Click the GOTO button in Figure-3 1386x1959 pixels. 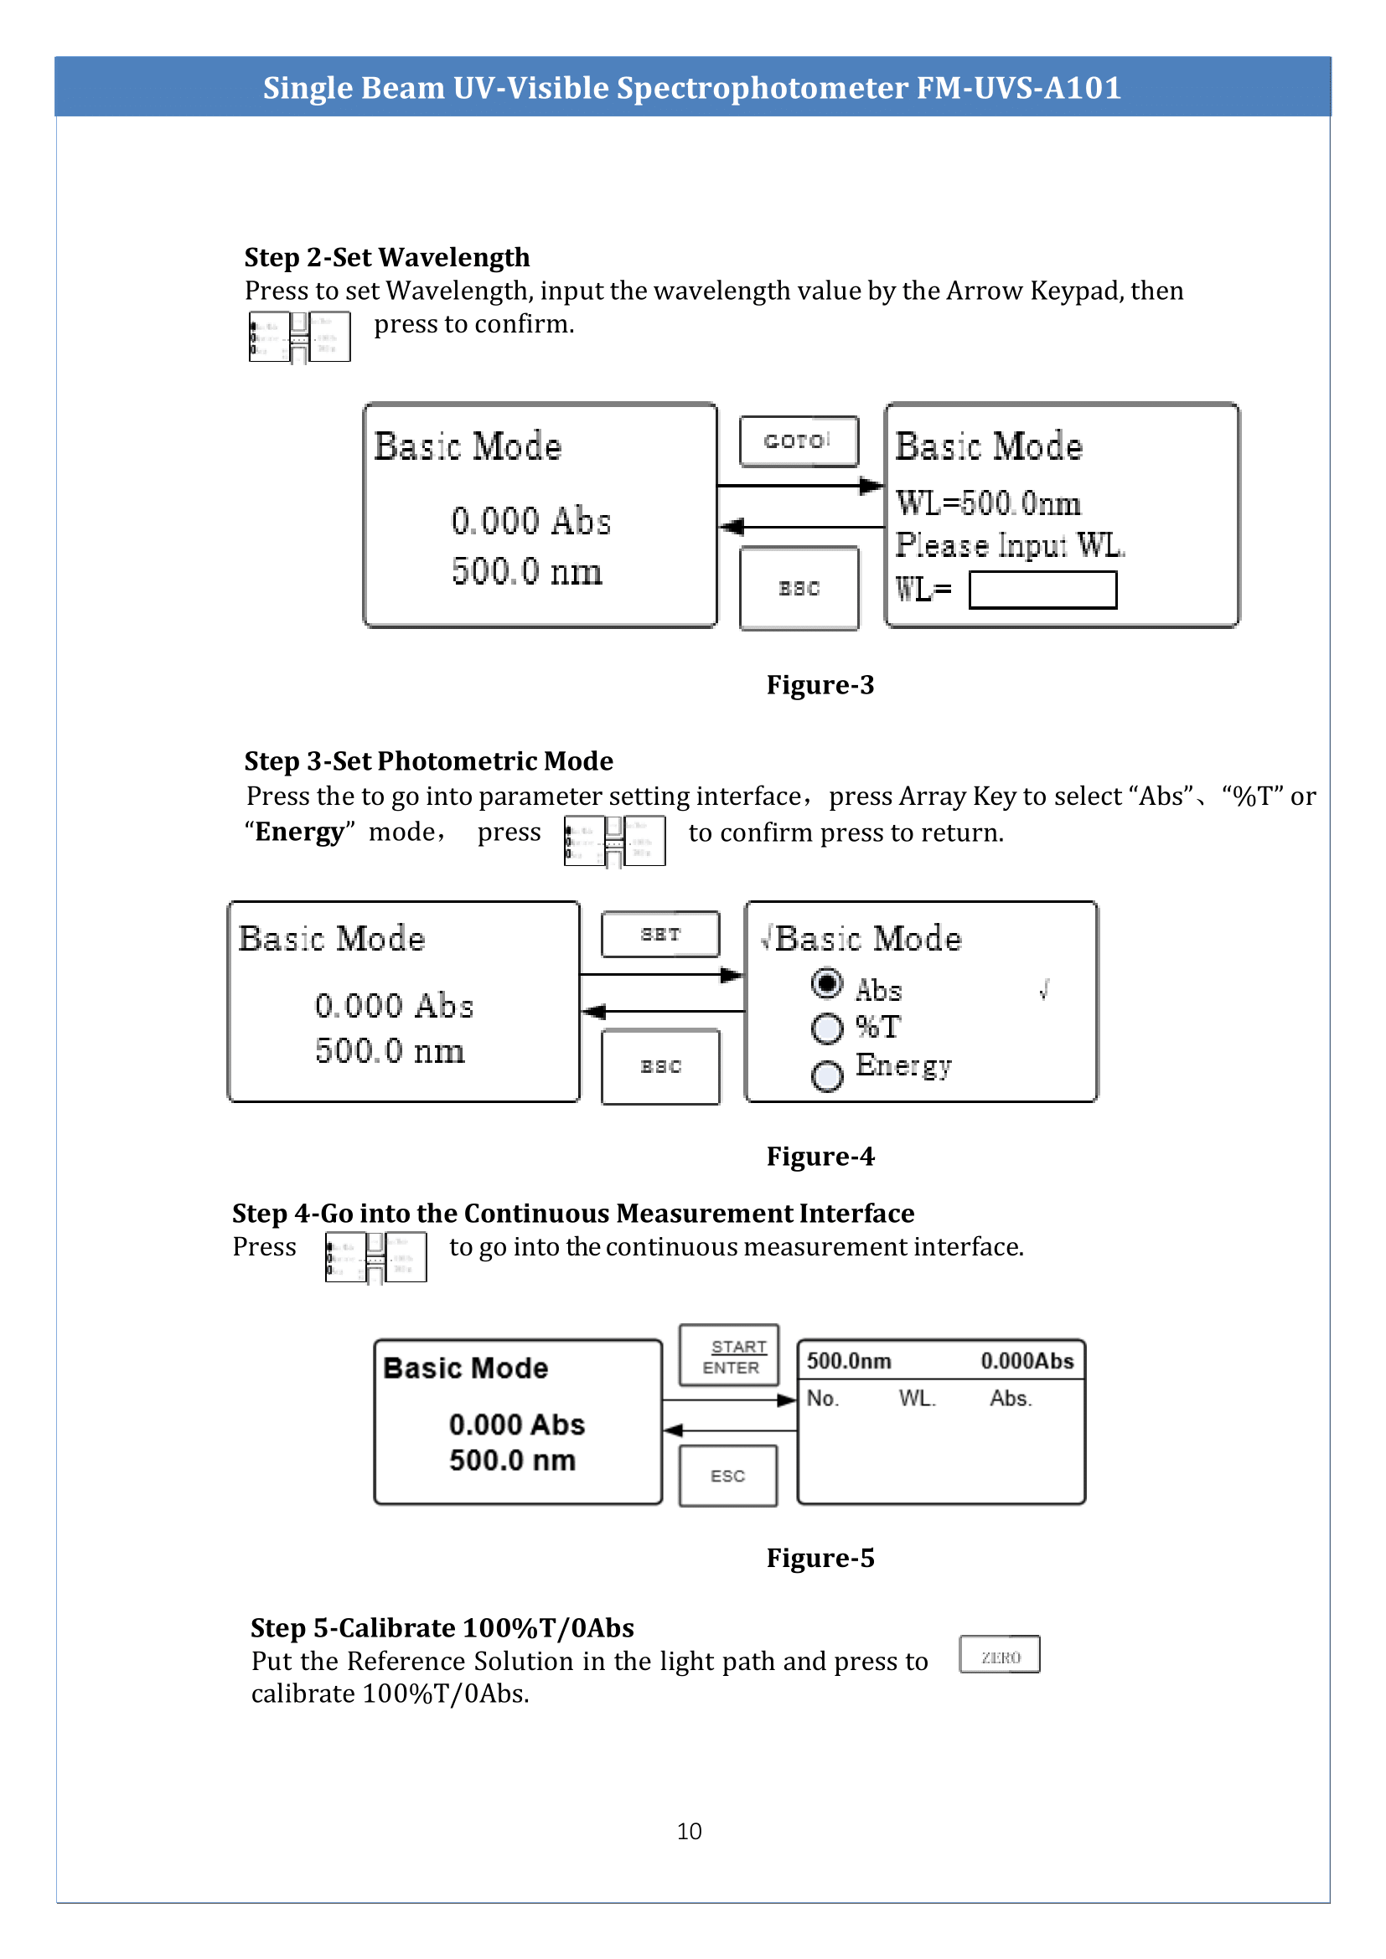click(x=798, y=441)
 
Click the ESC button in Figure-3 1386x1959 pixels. click(x=799, y=588)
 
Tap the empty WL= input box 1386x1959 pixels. click(x=1042, y=590)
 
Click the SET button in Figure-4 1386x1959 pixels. click(x=659, y=935)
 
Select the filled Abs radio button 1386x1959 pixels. click(x=826, y=984)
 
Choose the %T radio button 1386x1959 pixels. click(x=826, y=1028)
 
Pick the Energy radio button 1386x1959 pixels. click(x=826, y=1075)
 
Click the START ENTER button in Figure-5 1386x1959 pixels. click(x=729, y=1355)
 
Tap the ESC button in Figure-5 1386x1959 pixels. click(x=727, y=1475)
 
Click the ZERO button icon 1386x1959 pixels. click(x=1000, y=1654)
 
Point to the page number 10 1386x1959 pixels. click(x=689, y=1831)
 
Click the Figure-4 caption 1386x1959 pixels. click(x=820, y=1156)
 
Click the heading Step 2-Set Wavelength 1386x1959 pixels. click(x=386, y=258)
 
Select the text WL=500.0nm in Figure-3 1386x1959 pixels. click(x=987, y=503)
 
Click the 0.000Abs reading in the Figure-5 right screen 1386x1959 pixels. click(x=1027, y=1361)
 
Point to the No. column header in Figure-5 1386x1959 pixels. click(x=823, y=1398)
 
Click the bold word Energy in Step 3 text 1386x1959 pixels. click(x=298, y=832)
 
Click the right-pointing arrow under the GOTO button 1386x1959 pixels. click(x=799, y=486)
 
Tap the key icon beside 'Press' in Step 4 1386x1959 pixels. click(x=375, y=1257)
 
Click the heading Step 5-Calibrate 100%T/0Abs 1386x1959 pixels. click(x=442, y=1628)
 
